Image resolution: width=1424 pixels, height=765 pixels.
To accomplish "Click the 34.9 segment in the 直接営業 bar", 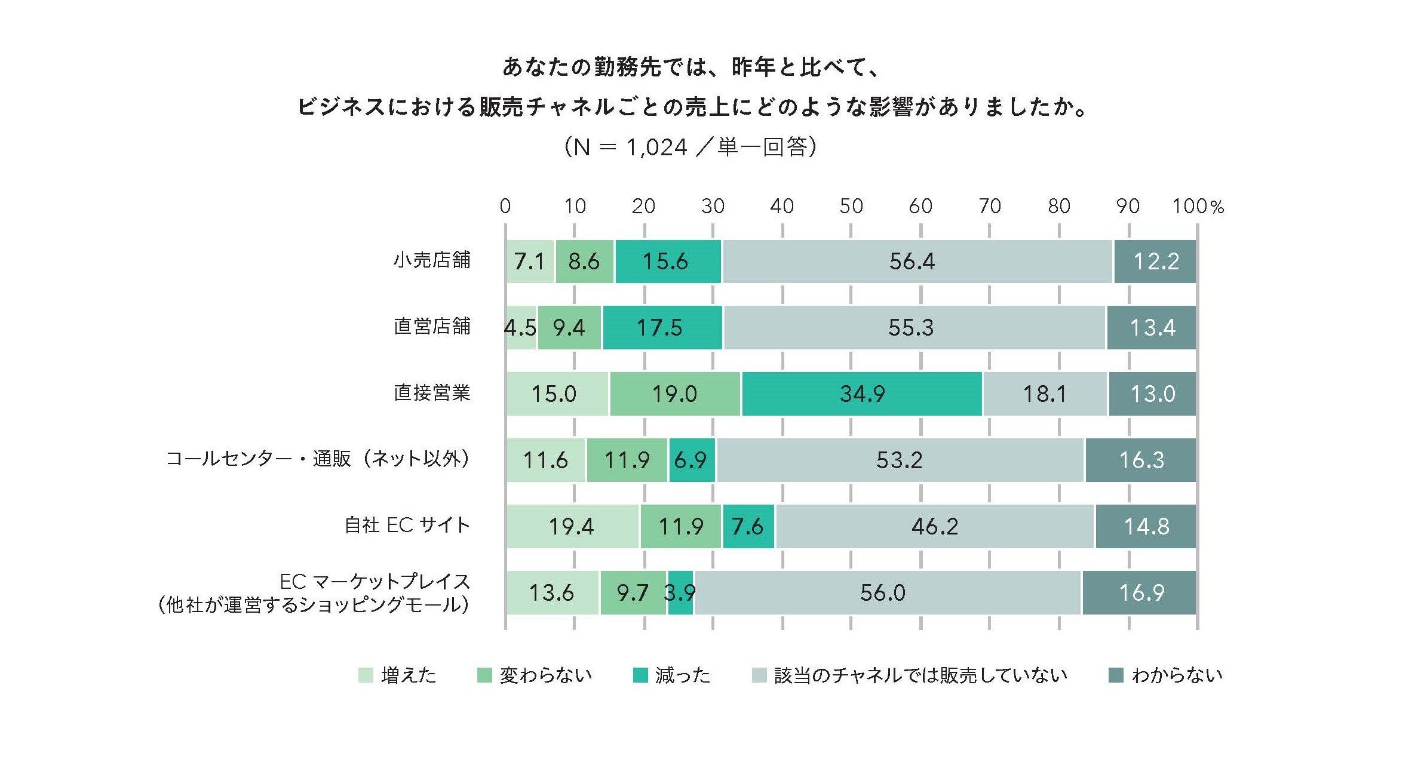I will [x=861, y=394].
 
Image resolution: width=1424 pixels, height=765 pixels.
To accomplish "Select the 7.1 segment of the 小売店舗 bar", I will [x=529, y=262].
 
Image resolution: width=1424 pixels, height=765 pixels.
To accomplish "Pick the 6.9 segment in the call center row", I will [x=691, y=460].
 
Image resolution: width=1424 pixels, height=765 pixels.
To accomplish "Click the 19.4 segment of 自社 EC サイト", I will [x=572, y=527].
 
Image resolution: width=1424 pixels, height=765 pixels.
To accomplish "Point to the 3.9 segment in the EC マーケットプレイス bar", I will [x=680, y=593].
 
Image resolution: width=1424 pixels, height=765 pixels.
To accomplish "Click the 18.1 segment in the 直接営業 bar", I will [x=1044, y=394].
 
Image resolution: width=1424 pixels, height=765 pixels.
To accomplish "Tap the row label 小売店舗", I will [x=432, y=260].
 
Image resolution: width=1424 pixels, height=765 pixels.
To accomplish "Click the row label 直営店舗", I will [x=432, y=327].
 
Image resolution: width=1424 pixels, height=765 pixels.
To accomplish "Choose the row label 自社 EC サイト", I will [x=407, y=526].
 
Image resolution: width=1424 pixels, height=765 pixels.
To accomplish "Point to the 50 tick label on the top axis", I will [x=851, y=207].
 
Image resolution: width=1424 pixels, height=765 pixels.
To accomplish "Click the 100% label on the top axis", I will [x=1197, y=207].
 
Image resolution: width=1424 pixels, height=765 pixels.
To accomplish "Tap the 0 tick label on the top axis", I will [x=505, y=207].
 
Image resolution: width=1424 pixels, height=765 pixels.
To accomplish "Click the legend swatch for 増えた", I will [x=366, y=675].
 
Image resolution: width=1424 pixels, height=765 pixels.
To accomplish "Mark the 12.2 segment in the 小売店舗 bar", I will [x=1155, y=262].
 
